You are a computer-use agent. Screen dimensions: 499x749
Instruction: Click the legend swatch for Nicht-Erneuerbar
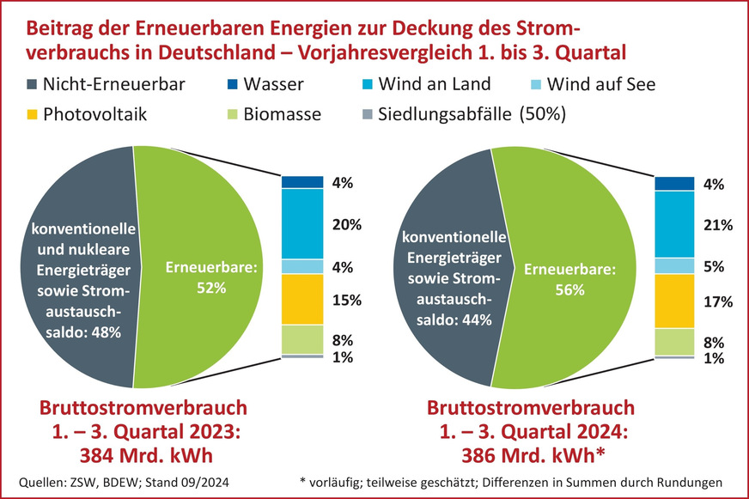tap(36, 85)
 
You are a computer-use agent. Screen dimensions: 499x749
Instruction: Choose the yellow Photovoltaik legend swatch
tap(36, 114)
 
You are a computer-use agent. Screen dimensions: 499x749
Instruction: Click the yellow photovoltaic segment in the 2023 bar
tap(301, 299)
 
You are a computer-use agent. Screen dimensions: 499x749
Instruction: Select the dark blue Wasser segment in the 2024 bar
tap(673, 184)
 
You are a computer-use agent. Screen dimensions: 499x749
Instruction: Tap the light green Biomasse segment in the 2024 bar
tap(673, 342)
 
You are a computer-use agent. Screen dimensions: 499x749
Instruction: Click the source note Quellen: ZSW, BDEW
tap(85, 483)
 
